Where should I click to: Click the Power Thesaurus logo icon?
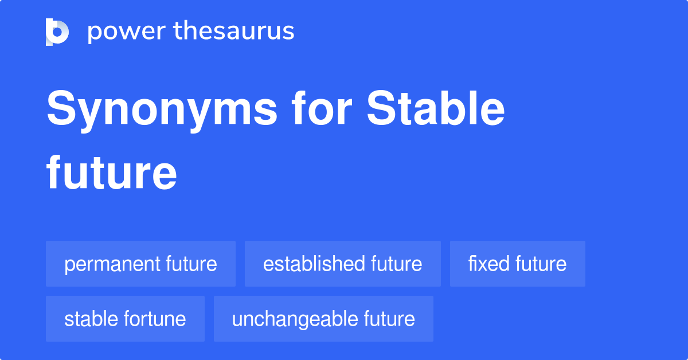[57, 32]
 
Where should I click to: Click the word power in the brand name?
[127, 32]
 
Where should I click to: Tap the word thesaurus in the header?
[234, 30]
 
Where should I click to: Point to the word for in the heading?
[322, 108]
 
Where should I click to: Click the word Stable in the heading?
[436, 108]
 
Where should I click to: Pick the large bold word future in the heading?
[111, 173]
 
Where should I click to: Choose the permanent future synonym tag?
[140, 264]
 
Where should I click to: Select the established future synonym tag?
[343, 264]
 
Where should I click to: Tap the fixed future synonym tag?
[518, 264]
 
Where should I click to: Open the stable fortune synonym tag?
[125, 319]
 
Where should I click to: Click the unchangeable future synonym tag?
[323, 319]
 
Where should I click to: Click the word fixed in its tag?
[489, 264]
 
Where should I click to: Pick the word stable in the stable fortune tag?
[91, 319]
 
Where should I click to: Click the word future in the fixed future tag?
[541, 264]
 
